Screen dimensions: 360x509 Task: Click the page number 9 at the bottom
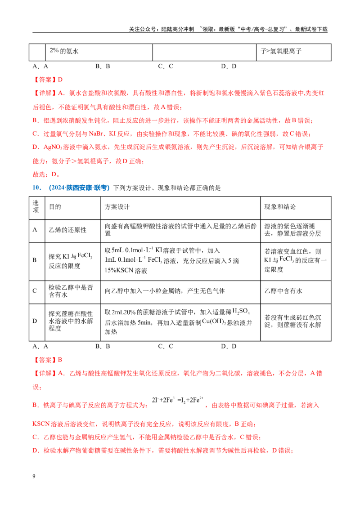pyautogui.click(x=34, y=476)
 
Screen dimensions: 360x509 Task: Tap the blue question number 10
pyautogui.click(x=37, y=188)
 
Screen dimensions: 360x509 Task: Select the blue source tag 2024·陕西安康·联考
pyautogui.click(x=79, y=188)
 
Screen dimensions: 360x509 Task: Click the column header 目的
pyautogui.click(x=55, y=207)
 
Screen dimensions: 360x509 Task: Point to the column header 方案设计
pyautogui.click(x=117, y=207)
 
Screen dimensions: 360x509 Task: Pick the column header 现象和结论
pyautogui.click(x=280, y=207)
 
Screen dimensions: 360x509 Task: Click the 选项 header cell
pyautogui.click(x=36, y=206)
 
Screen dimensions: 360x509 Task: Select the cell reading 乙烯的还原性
pyautogui.click(x=67, y=230)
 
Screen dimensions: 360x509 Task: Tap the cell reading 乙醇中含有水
pyautogui.click(x=283, y=291)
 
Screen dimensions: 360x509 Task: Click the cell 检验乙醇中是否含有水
pyautogui.click(x=71, y=291)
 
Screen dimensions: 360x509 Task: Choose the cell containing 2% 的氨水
pyautogui.click(x=64, y=51)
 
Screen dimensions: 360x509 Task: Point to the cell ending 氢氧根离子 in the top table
pyautogui.click(x=281, y=51)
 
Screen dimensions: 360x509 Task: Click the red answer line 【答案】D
pyautogui.click(x=48, y=80)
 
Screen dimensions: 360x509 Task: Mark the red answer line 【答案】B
pyautogui.click(x=47, y=360)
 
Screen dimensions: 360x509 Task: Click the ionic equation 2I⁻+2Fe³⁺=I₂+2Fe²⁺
pyautogui.click(x=178, y=400)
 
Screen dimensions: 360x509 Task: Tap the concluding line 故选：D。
pyautogui.click(x=46, y=174)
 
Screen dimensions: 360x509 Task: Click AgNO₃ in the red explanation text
pyautogui.click(x=53, y=147)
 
